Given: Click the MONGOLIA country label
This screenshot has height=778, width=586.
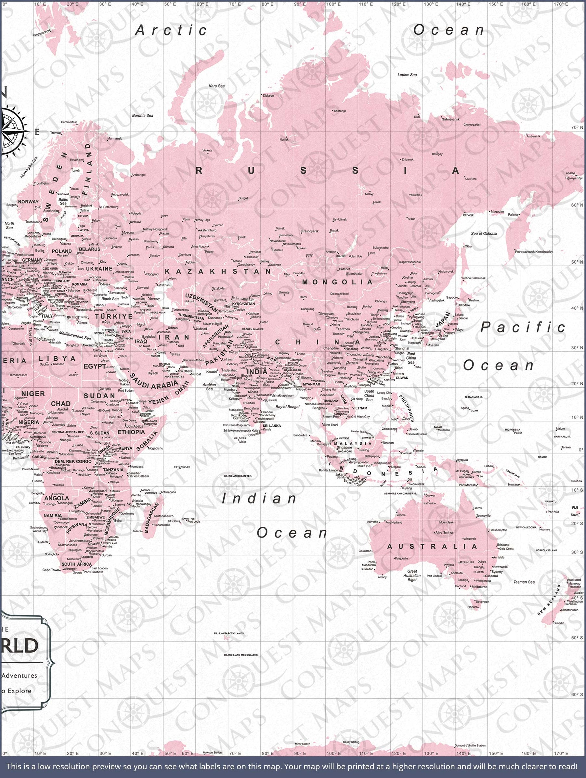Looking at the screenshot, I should point(337,282).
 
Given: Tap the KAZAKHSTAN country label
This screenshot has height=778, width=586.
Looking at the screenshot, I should point(218,272).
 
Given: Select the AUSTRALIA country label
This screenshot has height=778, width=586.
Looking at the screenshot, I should point(432,547).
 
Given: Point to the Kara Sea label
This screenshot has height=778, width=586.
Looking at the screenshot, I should point(216,86).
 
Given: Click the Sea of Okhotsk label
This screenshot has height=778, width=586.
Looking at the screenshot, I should point(484,234).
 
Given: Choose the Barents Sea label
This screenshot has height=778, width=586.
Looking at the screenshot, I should point(142,115).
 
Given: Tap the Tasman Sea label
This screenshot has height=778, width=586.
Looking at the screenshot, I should point(524,582).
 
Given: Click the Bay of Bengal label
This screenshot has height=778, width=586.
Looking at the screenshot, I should point(287,407).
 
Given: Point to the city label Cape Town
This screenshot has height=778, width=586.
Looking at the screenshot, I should point(51,570).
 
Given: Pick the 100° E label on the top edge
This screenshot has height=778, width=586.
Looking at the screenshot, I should point(333,4).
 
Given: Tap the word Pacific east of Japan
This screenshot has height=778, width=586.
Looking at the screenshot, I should point(523,327).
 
